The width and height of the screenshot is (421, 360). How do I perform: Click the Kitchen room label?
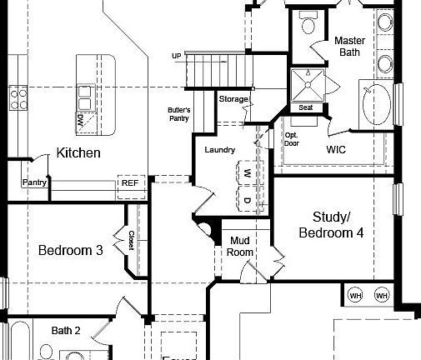78,152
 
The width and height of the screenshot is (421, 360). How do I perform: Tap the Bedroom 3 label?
71,250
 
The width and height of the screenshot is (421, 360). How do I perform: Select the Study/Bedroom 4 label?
331,225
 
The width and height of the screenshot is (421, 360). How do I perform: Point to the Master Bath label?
351,46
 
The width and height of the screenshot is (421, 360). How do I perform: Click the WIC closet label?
337,149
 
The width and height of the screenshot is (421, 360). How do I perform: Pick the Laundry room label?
220,150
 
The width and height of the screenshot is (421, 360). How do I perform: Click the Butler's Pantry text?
179,114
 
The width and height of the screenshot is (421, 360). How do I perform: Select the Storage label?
233,99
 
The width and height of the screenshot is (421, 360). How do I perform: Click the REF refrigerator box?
130,182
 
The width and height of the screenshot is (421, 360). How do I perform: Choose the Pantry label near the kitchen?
34,182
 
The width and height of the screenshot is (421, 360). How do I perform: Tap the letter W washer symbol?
248,173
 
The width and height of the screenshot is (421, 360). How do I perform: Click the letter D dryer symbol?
248,201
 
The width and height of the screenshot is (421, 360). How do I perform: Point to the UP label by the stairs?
176,57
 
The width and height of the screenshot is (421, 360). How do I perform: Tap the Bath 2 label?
66,331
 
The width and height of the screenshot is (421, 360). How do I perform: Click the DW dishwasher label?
80,121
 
